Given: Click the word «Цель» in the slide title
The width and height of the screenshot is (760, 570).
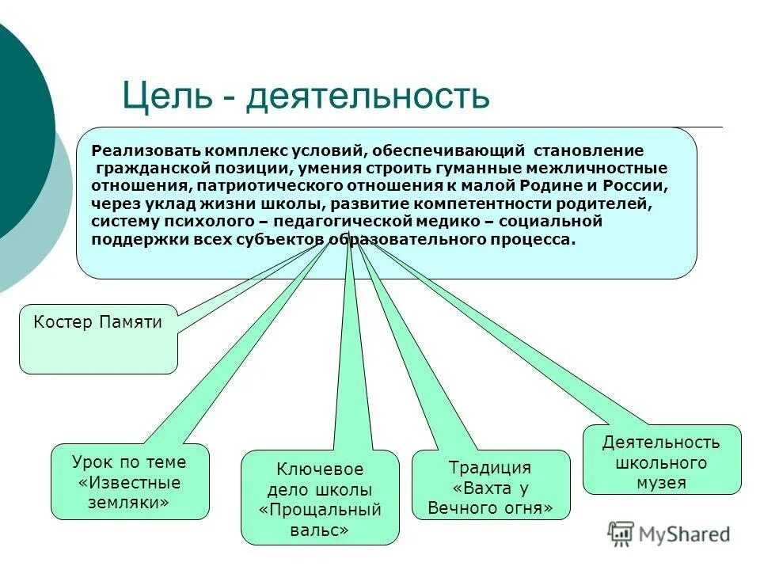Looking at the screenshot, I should point(166,97).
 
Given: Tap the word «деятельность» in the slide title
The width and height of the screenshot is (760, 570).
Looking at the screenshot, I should point(367,97).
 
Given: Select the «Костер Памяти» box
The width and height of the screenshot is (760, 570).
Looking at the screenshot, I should point(98,339).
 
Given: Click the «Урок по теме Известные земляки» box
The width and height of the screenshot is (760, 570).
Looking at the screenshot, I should point(129,482).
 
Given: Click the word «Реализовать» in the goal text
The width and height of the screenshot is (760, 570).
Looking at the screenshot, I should point(143,150).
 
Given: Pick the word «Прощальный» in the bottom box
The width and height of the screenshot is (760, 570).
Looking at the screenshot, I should point(321,509).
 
